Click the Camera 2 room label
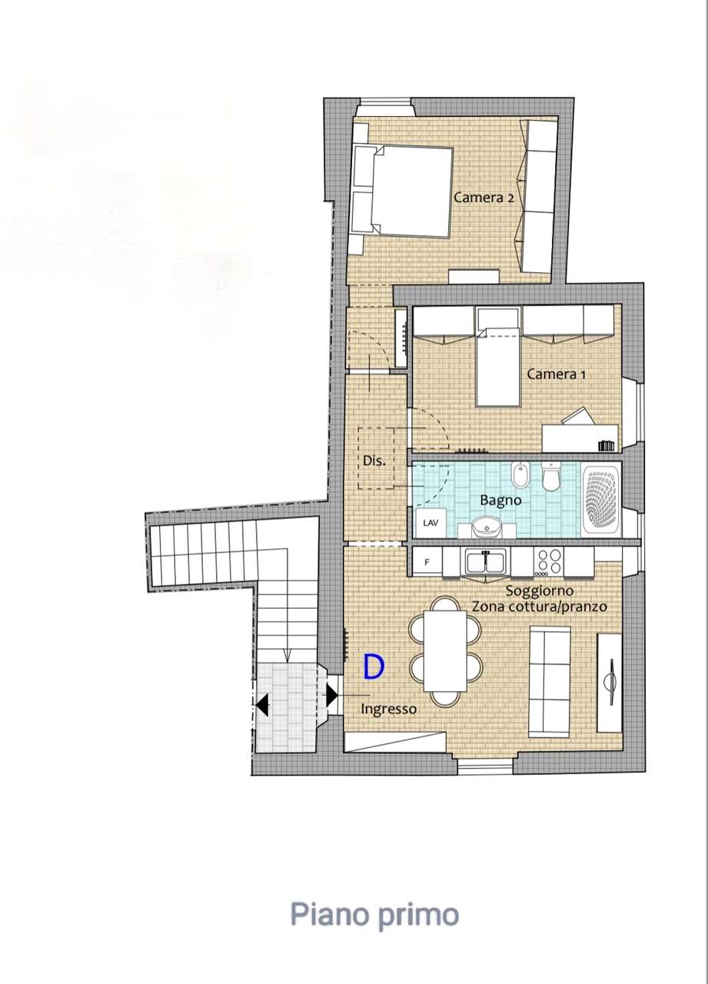pos(484,198)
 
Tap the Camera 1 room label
pos(556,374)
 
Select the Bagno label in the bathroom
pos(500,500)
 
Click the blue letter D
pos(374,667)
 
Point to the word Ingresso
pos(389,709)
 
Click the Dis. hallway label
pos(374,460)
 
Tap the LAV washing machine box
pos(430,523)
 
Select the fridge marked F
pos(427,562)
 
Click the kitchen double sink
pos(486,562)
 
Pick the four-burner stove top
pos(549,562)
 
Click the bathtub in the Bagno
pos(601,499)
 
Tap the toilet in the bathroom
pos(550,477)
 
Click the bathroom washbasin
pos(486,527)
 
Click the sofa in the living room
pos(550,681)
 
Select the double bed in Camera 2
pos(403,192)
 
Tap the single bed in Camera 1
pos(498,356)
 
